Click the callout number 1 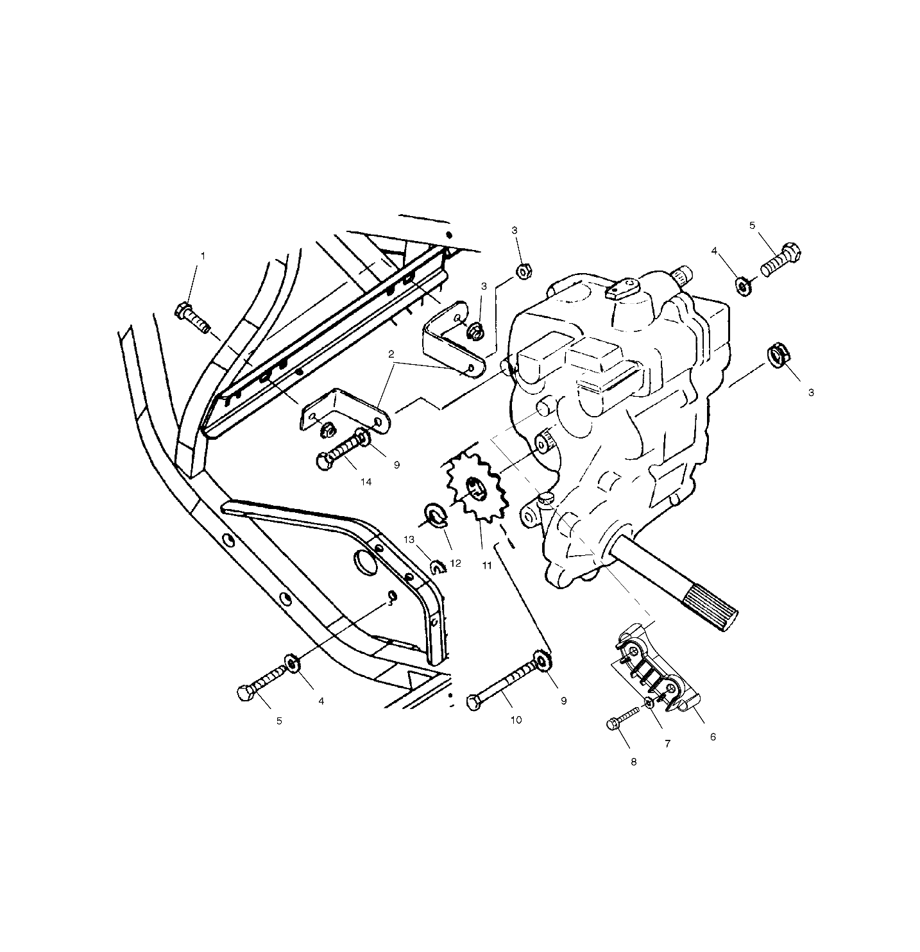[203, 256]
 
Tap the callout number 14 [366, 482]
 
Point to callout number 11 [487, 565]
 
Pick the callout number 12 [456, 563]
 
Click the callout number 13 [409, 540]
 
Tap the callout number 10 [516, 720]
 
